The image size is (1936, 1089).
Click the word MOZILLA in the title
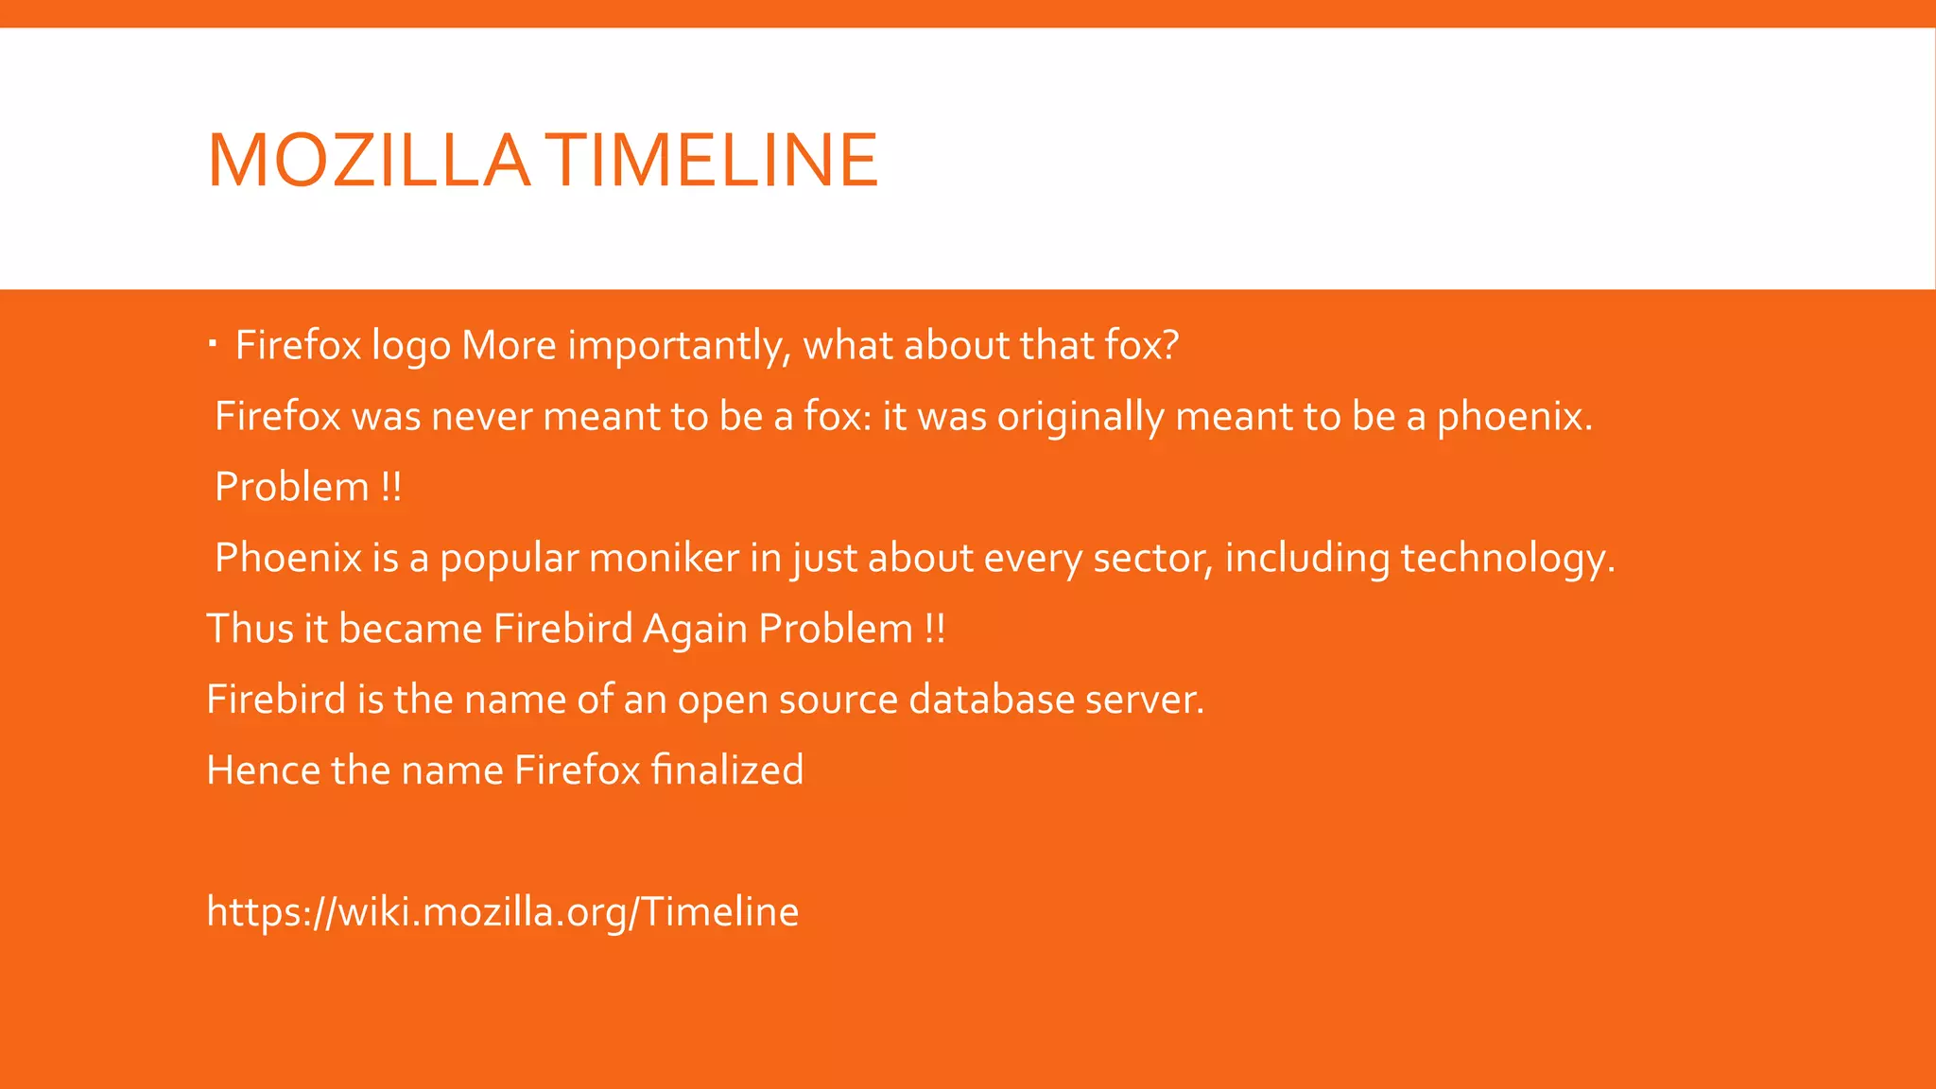(x=369, y=161)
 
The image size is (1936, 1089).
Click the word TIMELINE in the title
(x=713, y=161)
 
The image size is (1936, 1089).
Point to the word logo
(x=410, y=346)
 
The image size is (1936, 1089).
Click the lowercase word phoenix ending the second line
(x=1512, y=417)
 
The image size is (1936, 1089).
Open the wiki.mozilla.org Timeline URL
(x=502, y=912)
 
